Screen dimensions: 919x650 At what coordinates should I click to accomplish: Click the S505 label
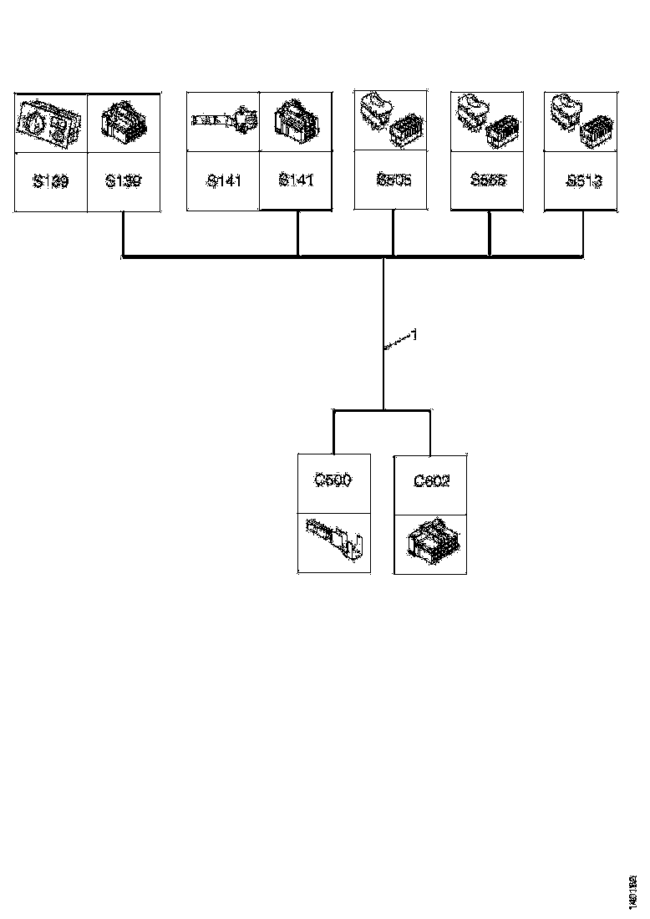[x=394, y=180]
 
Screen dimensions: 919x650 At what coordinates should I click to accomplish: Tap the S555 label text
[x=488, y=180]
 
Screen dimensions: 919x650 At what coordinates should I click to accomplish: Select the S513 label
[x=582, y=180]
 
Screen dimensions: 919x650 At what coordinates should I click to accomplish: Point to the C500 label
[x=333, y=480]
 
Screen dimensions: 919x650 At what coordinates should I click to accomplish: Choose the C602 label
[x=431, y=482]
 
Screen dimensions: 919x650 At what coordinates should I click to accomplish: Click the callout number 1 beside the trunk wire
[x=413, y=335]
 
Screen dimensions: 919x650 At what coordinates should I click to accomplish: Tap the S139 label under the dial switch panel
[x=51, y=180]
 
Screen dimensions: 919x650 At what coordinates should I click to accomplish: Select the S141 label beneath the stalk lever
[x=223, y=180]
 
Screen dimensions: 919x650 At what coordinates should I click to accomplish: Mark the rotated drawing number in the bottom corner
[x=632, y=891]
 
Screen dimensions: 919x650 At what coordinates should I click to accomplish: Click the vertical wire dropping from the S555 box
[x=490, y=233]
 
